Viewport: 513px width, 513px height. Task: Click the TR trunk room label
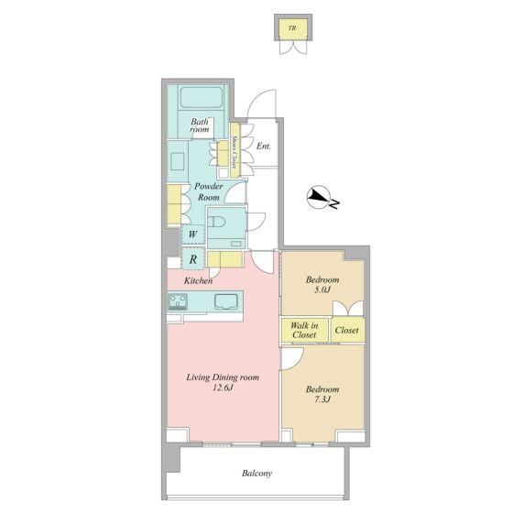pyautogui.click(x=292, y=28)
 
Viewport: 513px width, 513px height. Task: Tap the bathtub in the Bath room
pyautogui.click(x=202, y=97)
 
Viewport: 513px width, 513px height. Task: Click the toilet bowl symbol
pyautogui.click(x=216, y=222)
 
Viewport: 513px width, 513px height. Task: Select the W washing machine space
pyautogui.click(x=192, y=235)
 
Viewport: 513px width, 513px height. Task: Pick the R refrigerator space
pyautogui.click(x=193, y=259)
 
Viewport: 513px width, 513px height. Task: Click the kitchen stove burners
pyautogui.click(x=178, y=301)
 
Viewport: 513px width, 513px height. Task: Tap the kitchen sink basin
pyautogui.click(x=226, y=301)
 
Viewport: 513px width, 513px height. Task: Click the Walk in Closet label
pyautogui.click(x=304, y=330)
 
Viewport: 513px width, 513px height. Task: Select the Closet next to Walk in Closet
pyautogui.click(x=347, y=330)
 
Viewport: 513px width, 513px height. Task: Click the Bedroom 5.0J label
pyautogui.click(x=322, y=284)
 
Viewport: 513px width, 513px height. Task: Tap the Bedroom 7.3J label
pyautogui.click(x=322, y=394)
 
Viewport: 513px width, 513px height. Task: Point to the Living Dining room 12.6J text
pyautogui.click(x=223, y=382)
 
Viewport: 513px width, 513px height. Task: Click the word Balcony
pyautogui.click(x=256, y=473)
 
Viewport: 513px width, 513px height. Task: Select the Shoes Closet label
pyautogui.click(x=235, y=150)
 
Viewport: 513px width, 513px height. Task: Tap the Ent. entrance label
pyautogui.click(x=264, y=146)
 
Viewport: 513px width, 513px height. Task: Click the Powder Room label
pyautogui.click(x=209, y=191)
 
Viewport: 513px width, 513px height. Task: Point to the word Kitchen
pyautogui.click(x=198, y=280)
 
